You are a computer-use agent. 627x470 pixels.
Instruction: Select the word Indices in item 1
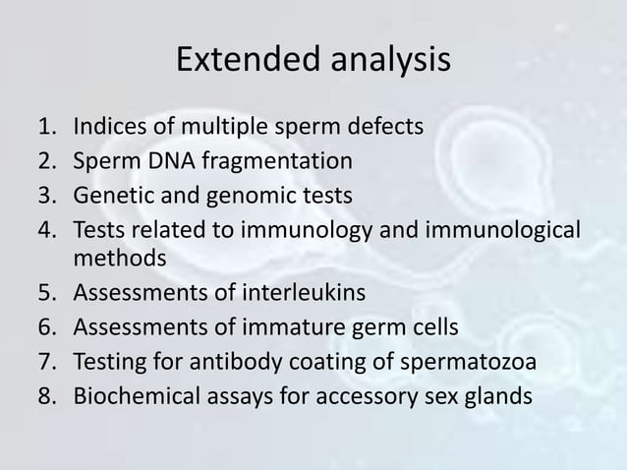(x=111, y=127)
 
